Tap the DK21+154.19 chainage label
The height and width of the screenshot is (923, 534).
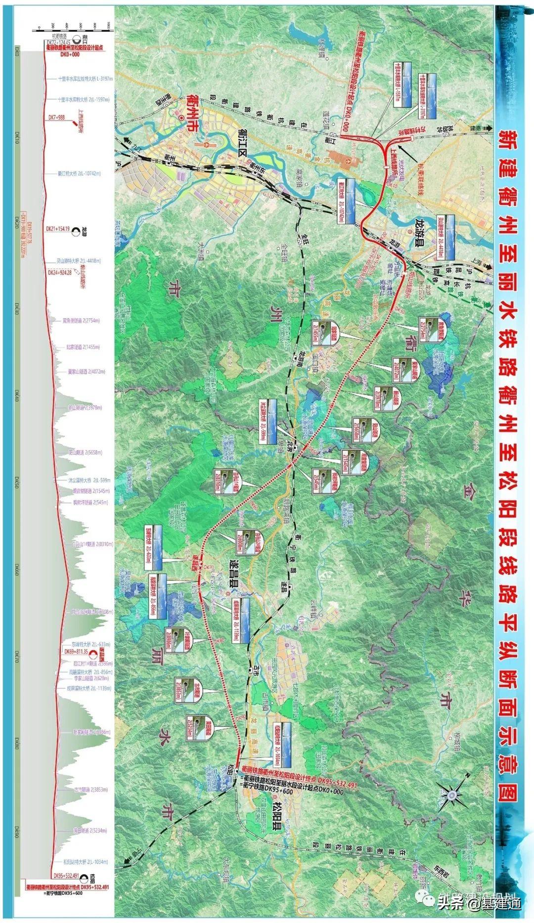click(x=58, y=229)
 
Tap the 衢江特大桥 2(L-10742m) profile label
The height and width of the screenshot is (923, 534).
click(x=79, y=174)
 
